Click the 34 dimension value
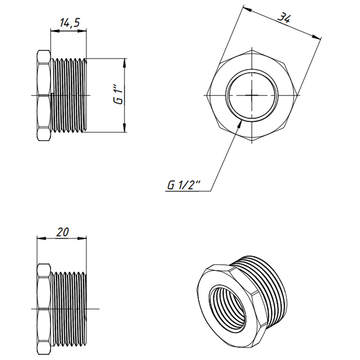point(283,18)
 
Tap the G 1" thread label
point(118,96)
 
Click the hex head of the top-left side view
point(43,96)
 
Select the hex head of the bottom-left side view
point(43,309)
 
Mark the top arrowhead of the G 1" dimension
point(125,61)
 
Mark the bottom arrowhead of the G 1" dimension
point(125,128)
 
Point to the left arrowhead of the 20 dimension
point(40,238)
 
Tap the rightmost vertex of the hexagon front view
point(300,95)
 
